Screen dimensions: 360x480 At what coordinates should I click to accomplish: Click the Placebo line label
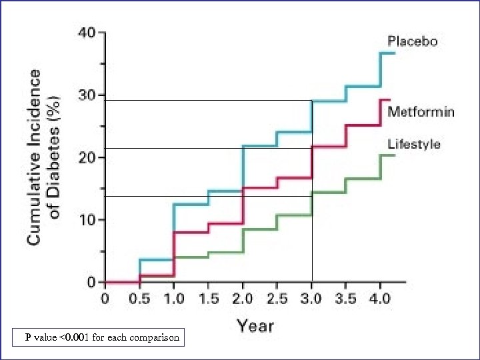pos(413,41)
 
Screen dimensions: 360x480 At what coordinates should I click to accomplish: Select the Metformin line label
pos(421,111)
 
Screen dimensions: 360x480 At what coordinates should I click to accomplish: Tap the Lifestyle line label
pos(414,144)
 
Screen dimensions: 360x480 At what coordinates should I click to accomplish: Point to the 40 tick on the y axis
pos(87,33)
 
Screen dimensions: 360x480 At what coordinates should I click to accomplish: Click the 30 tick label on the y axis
pos(87,95)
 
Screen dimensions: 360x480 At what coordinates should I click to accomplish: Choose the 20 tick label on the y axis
pos(87,157)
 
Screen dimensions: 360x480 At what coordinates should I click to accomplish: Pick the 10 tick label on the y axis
pos(87,220)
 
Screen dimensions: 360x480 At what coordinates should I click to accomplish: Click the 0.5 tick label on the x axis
pos(139,298)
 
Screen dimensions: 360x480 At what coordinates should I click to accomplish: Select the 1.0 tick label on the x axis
pos(173,298)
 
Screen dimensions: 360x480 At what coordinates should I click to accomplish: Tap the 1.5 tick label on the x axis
pos(208,298)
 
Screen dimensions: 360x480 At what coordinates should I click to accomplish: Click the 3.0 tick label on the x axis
pos(312,298)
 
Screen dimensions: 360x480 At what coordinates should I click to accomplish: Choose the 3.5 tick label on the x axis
pos(347,298)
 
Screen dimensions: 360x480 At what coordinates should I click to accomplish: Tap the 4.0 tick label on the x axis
pos(381,298)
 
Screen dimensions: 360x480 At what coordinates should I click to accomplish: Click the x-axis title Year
pos(255,325)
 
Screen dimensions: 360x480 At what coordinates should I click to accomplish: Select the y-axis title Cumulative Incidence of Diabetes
pos(45,157)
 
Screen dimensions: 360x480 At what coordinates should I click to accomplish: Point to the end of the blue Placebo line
pos(395,53)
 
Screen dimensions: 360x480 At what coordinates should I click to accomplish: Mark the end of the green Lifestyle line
pos(395,155)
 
